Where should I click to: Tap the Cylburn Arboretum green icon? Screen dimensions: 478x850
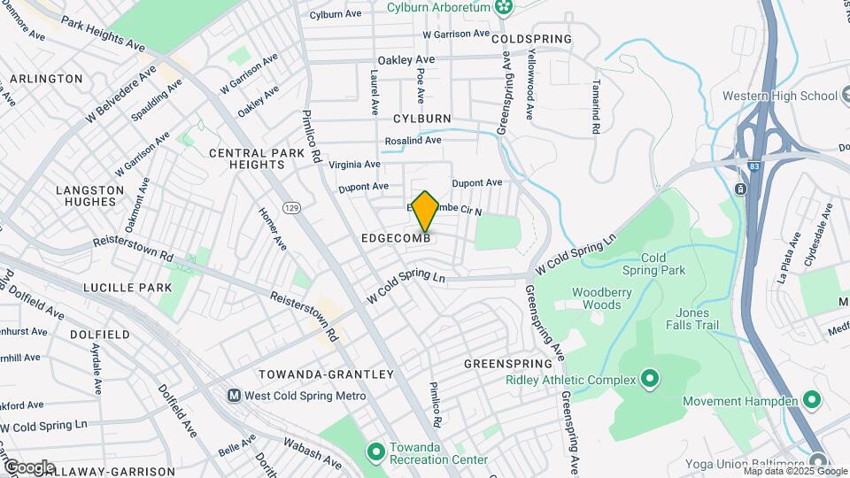504,8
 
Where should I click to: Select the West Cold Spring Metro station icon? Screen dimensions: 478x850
236,396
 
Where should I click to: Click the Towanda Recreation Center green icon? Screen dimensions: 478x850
375,452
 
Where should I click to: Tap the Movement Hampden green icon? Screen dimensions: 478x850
812,401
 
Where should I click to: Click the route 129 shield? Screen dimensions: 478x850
291,207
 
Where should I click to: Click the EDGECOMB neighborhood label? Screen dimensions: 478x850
396,239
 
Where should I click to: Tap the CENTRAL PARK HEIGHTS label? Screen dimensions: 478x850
257,159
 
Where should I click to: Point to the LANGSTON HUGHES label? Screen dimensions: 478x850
91,196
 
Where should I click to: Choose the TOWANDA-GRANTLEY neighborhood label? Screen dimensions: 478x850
326,374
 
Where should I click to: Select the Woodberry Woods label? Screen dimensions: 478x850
596,298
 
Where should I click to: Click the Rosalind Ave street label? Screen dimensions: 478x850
413,141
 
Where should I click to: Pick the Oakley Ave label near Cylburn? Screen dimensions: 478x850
406,59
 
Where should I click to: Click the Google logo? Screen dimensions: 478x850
29,466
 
